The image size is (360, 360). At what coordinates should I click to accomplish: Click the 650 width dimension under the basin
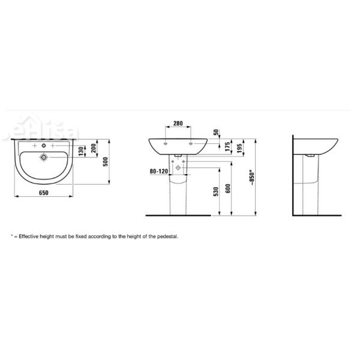coord(43,193)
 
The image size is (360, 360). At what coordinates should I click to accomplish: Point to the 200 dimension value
coord(94,148)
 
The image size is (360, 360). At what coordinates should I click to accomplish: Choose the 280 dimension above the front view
coord(178,124)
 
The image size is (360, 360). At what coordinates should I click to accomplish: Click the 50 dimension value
coord(216,132)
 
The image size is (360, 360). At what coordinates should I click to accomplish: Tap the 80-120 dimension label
coord(158,170)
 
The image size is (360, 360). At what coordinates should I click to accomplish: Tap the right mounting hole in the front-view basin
coord(190,145)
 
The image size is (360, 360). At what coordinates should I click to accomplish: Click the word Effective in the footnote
coord(29,237)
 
